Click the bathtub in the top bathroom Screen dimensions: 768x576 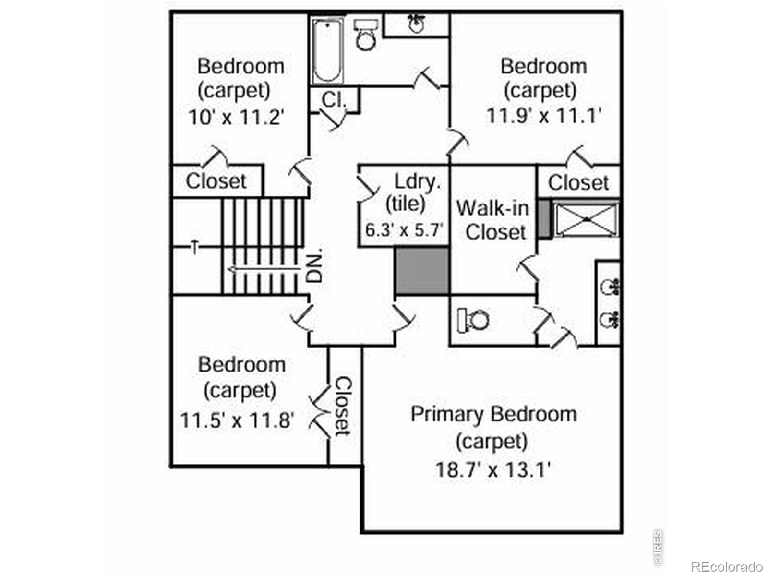328,51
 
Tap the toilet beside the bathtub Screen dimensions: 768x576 366,35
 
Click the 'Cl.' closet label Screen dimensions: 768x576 334,100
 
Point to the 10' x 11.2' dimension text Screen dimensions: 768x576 236,117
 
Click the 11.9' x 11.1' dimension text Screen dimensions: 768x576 544,115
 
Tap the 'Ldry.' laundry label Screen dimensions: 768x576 417,182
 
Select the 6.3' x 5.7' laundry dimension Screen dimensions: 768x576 404,230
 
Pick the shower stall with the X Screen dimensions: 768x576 586,220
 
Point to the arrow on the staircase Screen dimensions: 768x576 264,269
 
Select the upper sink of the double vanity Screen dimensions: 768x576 610,287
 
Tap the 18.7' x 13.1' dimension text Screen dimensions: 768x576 493,470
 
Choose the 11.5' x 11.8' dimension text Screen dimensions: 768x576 237,420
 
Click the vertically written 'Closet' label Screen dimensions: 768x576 343,406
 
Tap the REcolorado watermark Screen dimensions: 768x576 727,566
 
